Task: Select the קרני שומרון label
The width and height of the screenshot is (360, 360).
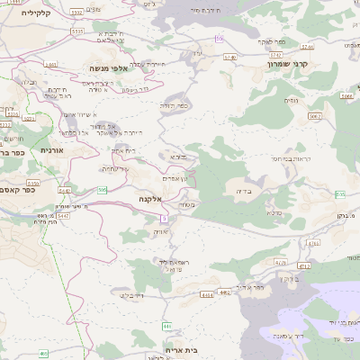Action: [x=290, y=65]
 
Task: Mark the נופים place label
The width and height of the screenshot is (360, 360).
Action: [x=292, y=100]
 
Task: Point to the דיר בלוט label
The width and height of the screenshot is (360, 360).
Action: [x=131, y=294]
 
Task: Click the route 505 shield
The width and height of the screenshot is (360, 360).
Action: [x=103, y=190]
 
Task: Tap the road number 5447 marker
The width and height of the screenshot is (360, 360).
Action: [x=62, y=216]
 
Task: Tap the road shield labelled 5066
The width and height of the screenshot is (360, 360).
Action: [x=346, y=95]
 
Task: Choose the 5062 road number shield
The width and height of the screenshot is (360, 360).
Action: [x=314, y=116]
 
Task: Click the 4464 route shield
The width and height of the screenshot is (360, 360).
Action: [x=209, y=292]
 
